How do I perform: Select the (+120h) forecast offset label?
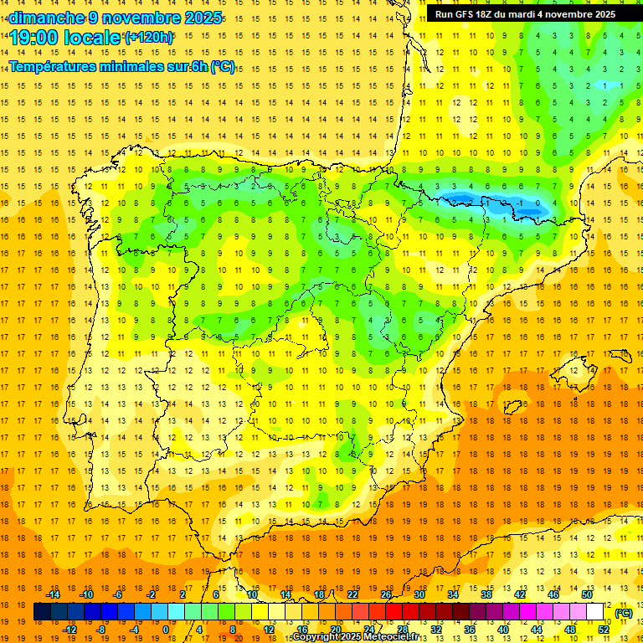click(150, 38)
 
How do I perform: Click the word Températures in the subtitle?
click(52, 67)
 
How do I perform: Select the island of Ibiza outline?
click(512, 407)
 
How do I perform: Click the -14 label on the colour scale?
click(54, 594)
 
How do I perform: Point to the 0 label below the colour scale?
click(165, 630)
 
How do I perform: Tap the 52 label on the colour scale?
click(603, 630)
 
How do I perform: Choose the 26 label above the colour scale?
click(386, 594)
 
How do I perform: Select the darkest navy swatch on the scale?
click(42, 612)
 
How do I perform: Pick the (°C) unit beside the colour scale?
click(623, 613)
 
